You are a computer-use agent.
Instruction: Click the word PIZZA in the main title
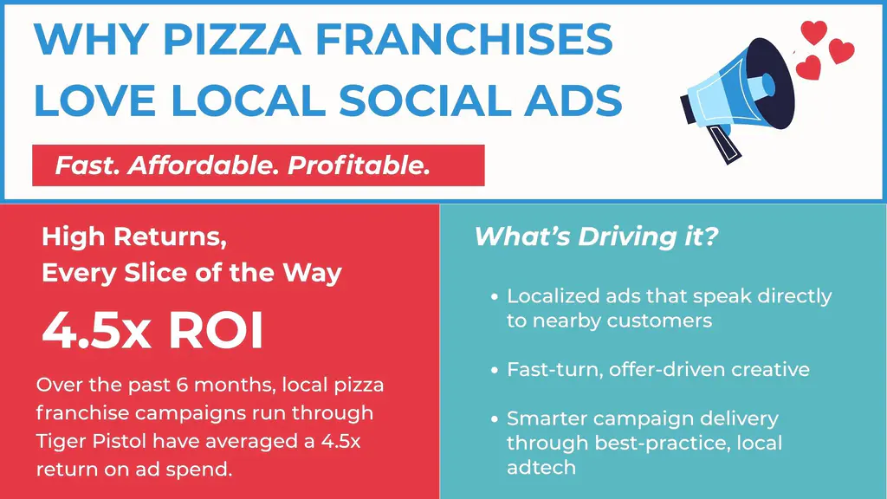pos(232,39)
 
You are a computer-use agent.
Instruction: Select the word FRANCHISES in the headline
pos(464,39)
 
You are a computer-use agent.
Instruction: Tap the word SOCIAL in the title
pos(424,100)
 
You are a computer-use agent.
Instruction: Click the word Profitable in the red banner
pos(359,165)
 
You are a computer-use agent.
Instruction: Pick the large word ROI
pos(216,330)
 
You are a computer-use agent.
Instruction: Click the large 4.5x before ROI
pos(97,330)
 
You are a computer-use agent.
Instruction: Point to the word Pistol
pos(117,441)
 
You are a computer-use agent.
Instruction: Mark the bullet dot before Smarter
pos(495,419)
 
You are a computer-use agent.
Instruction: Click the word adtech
pos(541,468)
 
